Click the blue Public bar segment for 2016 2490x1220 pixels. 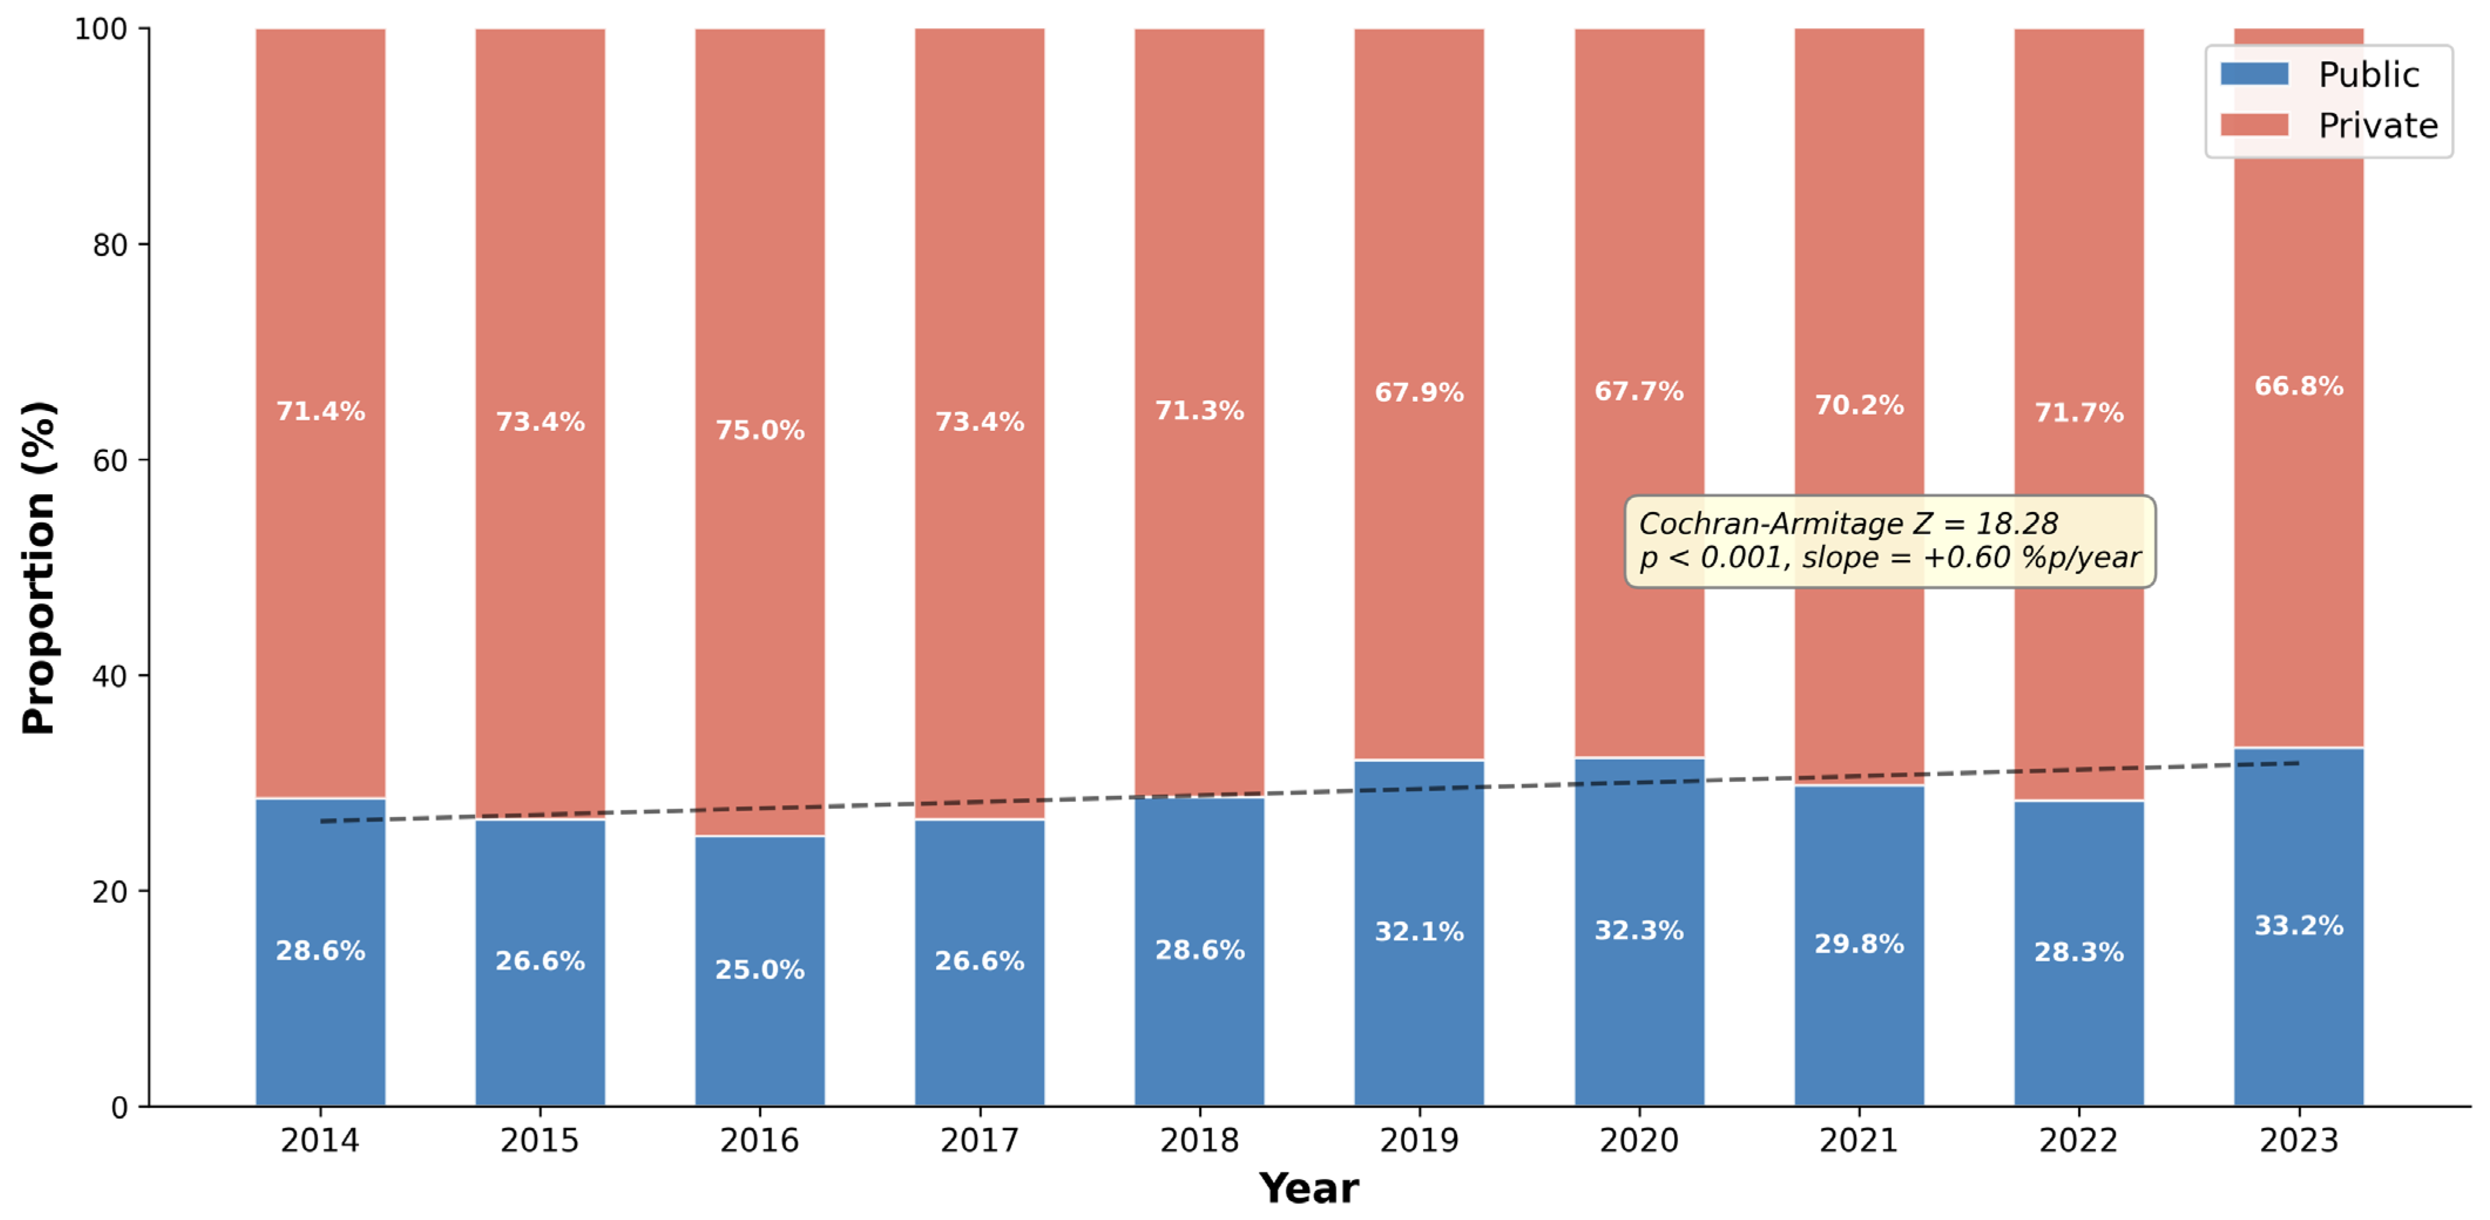click(760, 970)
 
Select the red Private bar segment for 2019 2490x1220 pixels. click(1419, 395)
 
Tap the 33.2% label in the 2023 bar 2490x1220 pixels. click(2299, 926)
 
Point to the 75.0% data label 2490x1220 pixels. click(760, 430)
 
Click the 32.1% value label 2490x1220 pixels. click(1419, 932)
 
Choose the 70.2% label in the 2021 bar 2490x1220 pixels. click(1859, 405)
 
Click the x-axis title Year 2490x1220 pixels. click(1309, 1189)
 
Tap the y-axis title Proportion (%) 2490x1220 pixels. click(39, 568)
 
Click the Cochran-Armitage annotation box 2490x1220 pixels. click(1890, 541)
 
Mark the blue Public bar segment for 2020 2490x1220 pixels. click(1640, 932)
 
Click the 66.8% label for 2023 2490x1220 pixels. click(2299, 387)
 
